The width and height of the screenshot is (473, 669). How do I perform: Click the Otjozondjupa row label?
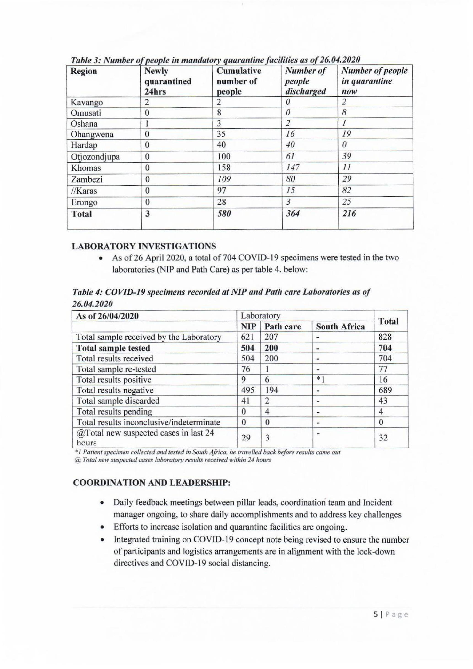click(x=95, y=157)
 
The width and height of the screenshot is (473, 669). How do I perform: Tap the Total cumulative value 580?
click(x=224, y=214)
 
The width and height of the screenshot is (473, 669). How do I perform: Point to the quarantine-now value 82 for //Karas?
click(x=347, y=191)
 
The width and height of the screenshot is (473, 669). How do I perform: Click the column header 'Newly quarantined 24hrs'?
click(x=168, y=81)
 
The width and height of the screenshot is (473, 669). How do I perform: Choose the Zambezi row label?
click(x=87, y=179)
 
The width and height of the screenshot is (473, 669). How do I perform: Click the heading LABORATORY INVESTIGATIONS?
click(x=144, y=246)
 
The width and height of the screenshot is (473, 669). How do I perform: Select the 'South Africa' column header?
click(x=340, y=327)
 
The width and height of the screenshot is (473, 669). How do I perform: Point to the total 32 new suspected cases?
click(x=383, y=438)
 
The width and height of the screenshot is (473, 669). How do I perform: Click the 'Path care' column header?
click(x=283, y=327)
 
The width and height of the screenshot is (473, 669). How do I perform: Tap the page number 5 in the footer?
click(x=376, y=615)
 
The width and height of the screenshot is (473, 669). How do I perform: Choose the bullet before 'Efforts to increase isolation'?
click(x=102, y=527)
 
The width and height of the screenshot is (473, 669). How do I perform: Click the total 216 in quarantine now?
click(x=349, y=214)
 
